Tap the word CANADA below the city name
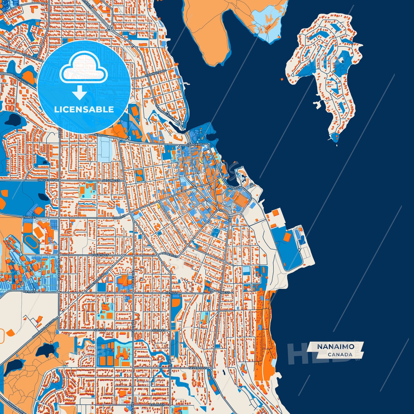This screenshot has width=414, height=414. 340,355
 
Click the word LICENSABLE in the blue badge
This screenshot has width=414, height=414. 84,109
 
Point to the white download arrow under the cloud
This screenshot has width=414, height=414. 79,92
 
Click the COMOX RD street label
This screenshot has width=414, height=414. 194,145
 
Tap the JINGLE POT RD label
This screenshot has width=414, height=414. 48,180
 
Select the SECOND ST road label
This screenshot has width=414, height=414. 111,181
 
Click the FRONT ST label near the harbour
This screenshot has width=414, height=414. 233,187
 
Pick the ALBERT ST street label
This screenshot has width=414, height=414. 170,254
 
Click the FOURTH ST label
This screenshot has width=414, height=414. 100,255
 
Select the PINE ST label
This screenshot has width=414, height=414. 224,293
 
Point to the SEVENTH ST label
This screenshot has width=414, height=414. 198,368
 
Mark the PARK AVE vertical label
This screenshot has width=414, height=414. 170,367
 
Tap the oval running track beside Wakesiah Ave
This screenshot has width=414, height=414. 28,241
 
